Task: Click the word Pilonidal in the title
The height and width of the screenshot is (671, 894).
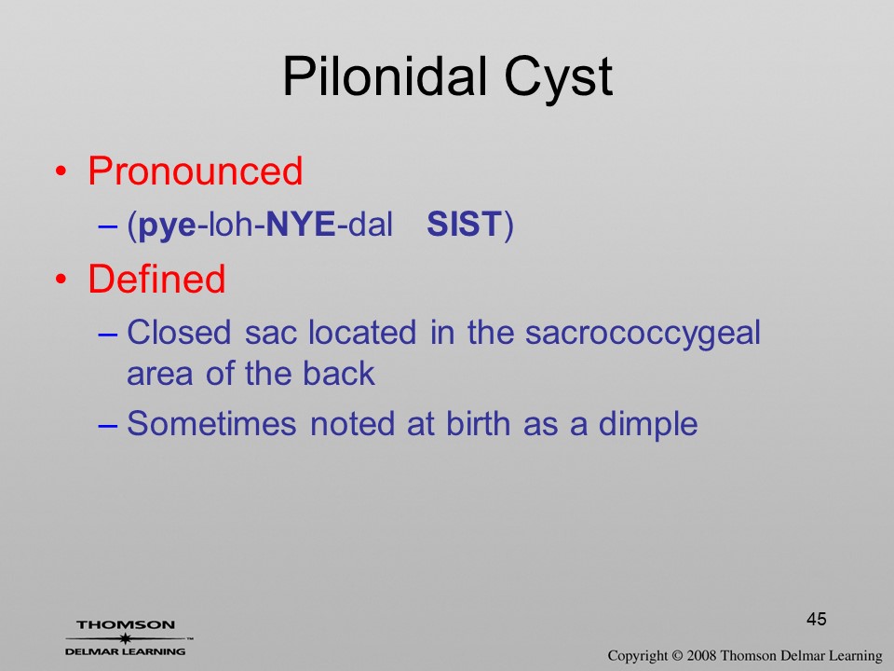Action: [x=385, y=76]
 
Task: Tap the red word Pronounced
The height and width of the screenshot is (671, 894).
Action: [x=195, y=171]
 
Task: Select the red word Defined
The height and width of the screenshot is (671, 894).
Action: [x=156, y=279]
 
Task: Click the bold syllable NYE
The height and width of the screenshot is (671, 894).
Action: [x=301, y=224]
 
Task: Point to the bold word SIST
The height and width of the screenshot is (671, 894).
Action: [x=464, y=224]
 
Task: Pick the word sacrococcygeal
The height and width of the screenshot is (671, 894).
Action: [x=643, y=335]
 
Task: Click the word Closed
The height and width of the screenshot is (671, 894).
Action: [x=179, y=332]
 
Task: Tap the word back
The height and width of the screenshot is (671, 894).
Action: [x=339, y=374]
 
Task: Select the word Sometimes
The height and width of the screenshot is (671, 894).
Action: [x=211, y=424]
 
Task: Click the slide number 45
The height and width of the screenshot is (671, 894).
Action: [x=817, y=619]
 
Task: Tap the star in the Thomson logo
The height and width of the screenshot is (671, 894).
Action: [x=126, y=638]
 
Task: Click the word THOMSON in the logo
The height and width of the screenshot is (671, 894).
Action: [x=126, y=624]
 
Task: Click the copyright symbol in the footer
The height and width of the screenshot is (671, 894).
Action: [x=677, y=656]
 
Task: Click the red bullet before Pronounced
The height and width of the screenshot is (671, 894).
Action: [x=61, y=171]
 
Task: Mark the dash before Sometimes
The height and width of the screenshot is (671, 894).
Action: [x=108, y=426]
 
